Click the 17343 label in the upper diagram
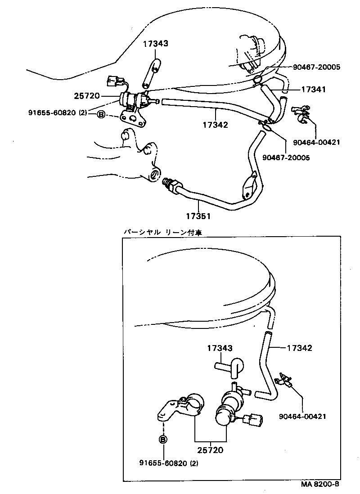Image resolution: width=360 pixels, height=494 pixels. click(156, 44)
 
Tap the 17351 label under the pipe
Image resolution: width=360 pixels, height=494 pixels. click(198, 216)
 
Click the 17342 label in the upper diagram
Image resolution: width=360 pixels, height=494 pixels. click(216, 125)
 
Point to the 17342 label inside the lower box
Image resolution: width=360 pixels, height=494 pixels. click(300, 348)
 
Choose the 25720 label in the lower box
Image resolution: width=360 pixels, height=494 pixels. click(211, 449)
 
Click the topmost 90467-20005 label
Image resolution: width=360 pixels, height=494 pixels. click(316, 67)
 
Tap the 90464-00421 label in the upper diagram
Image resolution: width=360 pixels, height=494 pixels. click(316, 143)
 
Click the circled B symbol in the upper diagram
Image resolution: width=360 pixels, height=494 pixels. click(101, 115)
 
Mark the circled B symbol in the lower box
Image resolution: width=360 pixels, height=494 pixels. click(163, 440)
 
